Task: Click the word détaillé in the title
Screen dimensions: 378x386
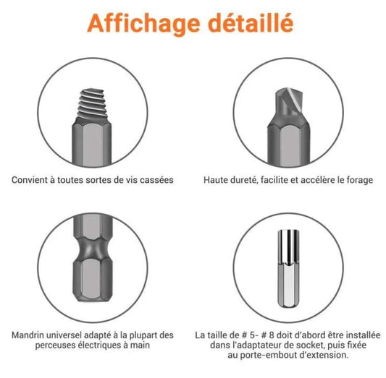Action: point(251,22)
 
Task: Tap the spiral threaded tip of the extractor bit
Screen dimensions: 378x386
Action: point(92,101)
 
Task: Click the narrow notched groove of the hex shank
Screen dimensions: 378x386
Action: point(92,255)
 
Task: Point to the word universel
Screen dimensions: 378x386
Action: point(72,335)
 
